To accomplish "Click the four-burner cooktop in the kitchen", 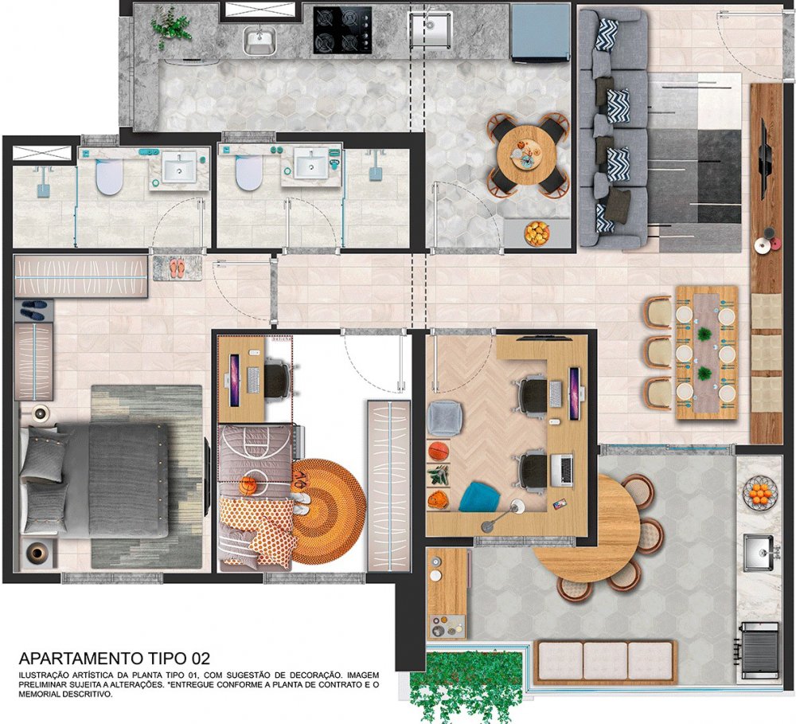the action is point(342,30).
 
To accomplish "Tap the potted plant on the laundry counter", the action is point(171,27).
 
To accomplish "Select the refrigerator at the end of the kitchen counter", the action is point(540,33).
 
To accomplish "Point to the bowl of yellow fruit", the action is point(537,233).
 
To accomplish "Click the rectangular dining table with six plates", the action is point(706,352).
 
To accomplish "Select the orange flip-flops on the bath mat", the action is point(178,268).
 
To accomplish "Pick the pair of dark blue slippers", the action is point(33,310).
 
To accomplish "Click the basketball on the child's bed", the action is point(248,486).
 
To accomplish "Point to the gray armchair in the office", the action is point(445,418).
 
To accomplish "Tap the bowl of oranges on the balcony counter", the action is point(760,493).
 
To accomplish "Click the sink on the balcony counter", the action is point(759,552).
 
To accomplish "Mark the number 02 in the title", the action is point(201,659).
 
